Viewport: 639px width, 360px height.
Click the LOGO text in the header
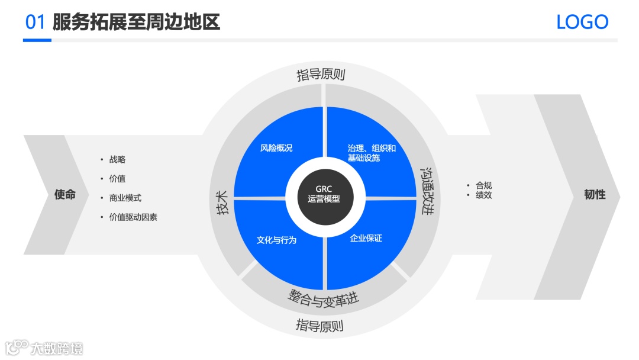pos(582,22)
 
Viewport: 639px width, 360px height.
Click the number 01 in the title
pos(35,22)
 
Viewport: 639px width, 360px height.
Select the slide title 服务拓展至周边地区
pos(136,22)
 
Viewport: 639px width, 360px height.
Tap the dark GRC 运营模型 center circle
pos(324,195)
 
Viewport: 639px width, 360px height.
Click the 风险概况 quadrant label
pos(276,148)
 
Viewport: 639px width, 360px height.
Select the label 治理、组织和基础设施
pos(371,153)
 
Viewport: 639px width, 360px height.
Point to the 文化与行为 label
pos(276,240)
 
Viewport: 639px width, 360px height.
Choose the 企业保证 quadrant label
pos(366,238)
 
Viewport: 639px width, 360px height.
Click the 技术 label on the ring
pos(222,202)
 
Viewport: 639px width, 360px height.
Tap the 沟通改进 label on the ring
pos(427,190)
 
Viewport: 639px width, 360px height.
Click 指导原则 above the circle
pos(321,75)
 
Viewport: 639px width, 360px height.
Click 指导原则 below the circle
pos(319,326)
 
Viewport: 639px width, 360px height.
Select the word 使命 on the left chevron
pos(65,194)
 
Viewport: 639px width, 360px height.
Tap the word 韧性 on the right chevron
pos(595,194)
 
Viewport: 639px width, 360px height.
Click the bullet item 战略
pos(117,159)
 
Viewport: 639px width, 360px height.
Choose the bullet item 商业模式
pos(125,198)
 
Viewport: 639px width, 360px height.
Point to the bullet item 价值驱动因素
pos(133,217)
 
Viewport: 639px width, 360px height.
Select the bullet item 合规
pos(483,185)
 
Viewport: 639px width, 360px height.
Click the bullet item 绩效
pos(483,195)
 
